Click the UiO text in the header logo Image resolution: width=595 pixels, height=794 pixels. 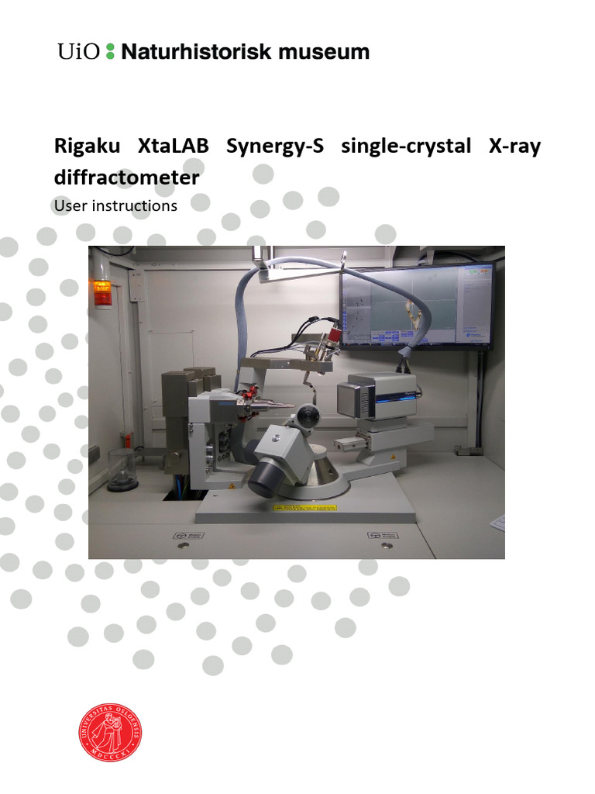coord(78,52)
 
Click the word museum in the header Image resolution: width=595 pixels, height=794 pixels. coord(324,52)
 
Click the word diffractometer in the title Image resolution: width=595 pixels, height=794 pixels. coord(126,178)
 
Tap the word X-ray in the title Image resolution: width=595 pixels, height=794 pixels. coord(514,147)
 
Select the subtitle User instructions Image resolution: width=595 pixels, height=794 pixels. coord(115,206)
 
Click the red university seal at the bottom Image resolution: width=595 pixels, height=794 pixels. coord(110,731)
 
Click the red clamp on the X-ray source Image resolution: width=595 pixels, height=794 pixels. coord(253,399)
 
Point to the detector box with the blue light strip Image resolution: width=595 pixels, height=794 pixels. coord(381,397)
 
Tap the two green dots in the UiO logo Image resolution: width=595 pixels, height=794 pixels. coord(109,52)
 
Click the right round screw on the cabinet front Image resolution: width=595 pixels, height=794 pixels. coord(381,546)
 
